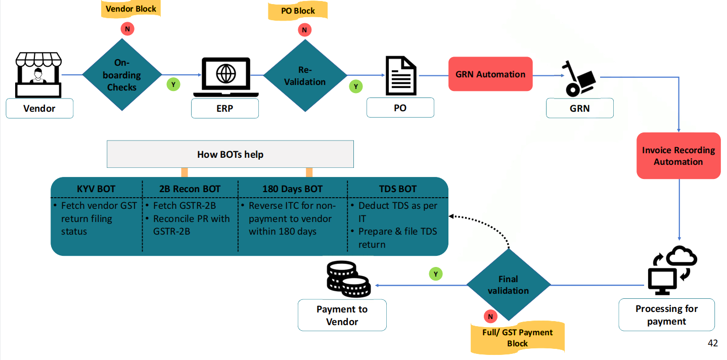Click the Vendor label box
pyautogui.click(x=39, y=109)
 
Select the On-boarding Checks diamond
pyautogui.click(x=122, y=75)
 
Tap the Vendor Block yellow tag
pyautogui.click(x=131, y=9)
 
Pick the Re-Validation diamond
pyautogui.click(x=304, y=76)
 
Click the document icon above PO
pyautogui.click(x=400, y=76)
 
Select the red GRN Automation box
pyautogui.click(x=490, y=74)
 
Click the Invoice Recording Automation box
pyautogui.click(x=678, y=156)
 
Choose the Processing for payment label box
pyautogui.click(x=666, y=315)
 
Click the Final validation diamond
pyautogui.click(x=508, y=285)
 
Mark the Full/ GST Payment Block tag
pyautogui.click(x=517, y=338)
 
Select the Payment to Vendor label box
pyautogui.click(x=342, y=316)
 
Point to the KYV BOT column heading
pyautogui.click(x=97, y=189)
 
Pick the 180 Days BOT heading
pyautogui.click(x=292, y=189)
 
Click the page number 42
pyautogui.click(x=713, y=343)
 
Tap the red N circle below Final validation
pyautogui.click(x=490, y=317)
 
